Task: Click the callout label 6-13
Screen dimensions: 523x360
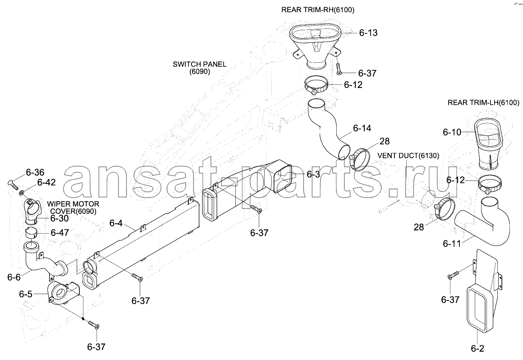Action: coord(368,32)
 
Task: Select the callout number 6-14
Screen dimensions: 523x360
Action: coord(362,128)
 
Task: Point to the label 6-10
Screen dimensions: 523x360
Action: coord(452,132)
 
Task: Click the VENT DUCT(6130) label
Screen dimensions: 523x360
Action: coord(408,156)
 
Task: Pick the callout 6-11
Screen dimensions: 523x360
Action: coord(452,244)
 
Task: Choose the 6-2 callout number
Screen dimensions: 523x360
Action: coord(477,349)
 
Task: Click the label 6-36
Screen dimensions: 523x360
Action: coord(35,172)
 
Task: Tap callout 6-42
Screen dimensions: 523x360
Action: coord(46,182)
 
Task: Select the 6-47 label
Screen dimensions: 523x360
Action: coord(60,232)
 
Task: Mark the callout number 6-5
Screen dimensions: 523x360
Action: coord(26,294)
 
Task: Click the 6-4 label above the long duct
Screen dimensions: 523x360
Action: coord(116,223)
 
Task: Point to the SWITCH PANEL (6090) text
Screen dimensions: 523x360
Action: coord(199,68)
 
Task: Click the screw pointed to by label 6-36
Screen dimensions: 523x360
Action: coord(13,184)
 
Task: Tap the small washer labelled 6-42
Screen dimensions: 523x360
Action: coord(22,192)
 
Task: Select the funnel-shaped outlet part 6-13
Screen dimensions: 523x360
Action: coord(315,47)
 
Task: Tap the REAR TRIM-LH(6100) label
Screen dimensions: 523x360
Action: coord(483,102)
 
